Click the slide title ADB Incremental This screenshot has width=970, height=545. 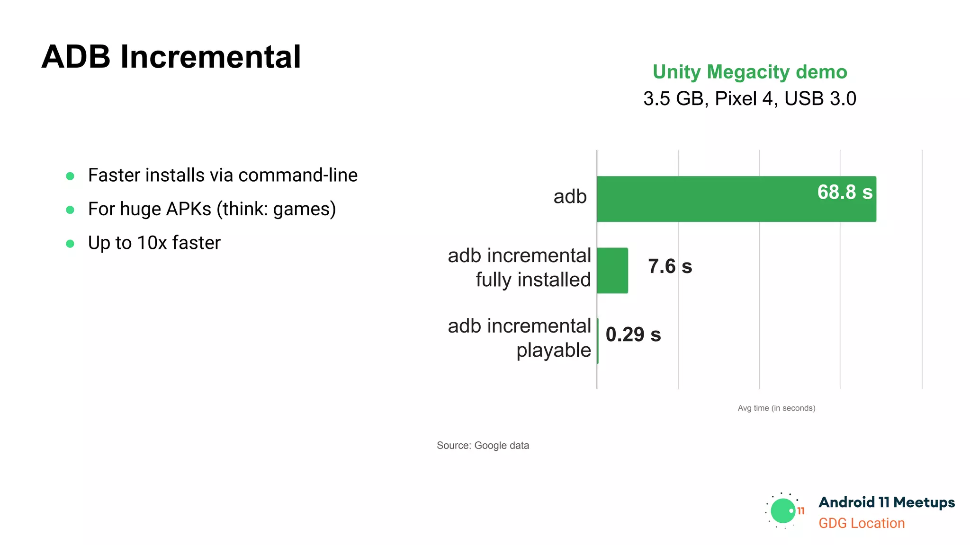(x=171, y=57)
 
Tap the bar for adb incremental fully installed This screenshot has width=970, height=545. (x=612, y=271)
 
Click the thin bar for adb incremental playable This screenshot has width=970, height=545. (x=598, y=341)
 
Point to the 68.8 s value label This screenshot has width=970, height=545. (x=844, y=192)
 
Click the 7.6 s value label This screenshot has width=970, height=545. (x=670, y=266)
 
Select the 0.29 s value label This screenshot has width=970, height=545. (x=633, y=334)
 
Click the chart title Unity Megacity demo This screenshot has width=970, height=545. (x=749, y=72)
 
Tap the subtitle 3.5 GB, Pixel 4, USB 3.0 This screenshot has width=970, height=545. (x=749, y=98)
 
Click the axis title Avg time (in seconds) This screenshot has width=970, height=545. (x=776, y=408)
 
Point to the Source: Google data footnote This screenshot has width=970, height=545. (x=483, y=445)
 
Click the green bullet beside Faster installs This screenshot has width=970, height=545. (x=70, y=176)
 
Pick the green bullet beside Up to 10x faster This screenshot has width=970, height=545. (x=70, y=244)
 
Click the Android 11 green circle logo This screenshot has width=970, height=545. (x=783, y=511)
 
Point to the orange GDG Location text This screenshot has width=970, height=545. (x=862, y=523)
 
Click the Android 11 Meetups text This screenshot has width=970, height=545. (x=887, y=502)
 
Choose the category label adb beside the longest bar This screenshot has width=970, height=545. (x=570, y=196)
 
